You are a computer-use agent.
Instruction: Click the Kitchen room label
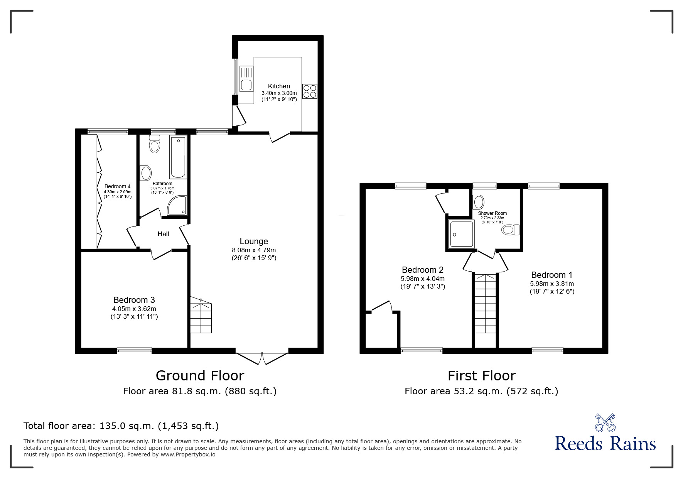click(279, 86)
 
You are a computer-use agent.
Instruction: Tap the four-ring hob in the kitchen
click(310, 91)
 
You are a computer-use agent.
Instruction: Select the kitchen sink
click(246, 79)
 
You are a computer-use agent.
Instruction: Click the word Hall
click(163, 234)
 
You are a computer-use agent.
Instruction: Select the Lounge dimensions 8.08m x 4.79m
click(254, 250)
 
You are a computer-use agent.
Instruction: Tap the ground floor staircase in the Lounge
click(201, 316)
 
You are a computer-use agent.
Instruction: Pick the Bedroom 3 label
click(134, 300)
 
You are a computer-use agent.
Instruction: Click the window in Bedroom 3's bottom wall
click(134, 351)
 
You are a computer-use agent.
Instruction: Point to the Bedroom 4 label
click(117, 186)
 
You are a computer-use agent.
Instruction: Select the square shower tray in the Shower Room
click(462, 234)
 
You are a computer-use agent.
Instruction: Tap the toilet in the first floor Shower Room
click(511, 230)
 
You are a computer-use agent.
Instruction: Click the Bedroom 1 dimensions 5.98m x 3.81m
click(551, 284)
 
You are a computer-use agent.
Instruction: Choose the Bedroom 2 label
click(422, 270)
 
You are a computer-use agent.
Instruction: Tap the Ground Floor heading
click(200, 375)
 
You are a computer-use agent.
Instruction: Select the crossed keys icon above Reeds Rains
click(605, 423)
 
